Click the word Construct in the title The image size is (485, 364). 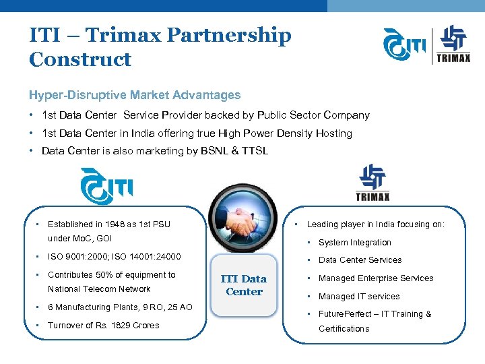click(80, 59)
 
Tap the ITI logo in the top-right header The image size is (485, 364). click(404, 44)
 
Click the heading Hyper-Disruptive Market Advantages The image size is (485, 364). click(135, 95)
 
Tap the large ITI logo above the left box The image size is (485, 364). click(106, 185)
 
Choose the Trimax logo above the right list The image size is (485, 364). click(373, 183)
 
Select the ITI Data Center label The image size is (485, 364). click(244, 285)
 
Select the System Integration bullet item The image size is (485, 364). click(354, 243)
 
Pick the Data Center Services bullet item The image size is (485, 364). click(360, 260)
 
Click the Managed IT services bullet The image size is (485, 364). click(359, 297)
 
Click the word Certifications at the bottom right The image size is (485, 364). click(344, 329)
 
